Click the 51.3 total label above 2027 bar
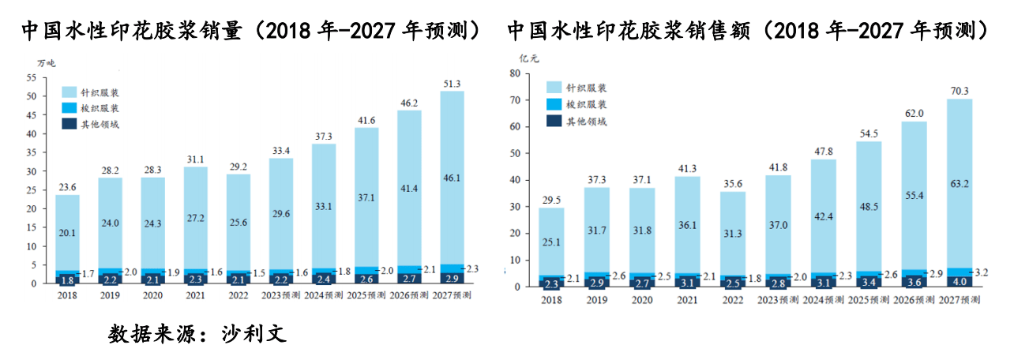452,84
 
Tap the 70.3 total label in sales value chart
960,91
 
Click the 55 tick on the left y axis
32,77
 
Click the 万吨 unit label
47,62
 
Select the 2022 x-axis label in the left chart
238,296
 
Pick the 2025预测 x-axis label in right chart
869,300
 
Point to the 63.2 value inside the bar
960,186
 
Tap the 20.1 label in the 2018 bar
67,232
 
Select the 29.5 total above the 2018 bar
551,200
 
